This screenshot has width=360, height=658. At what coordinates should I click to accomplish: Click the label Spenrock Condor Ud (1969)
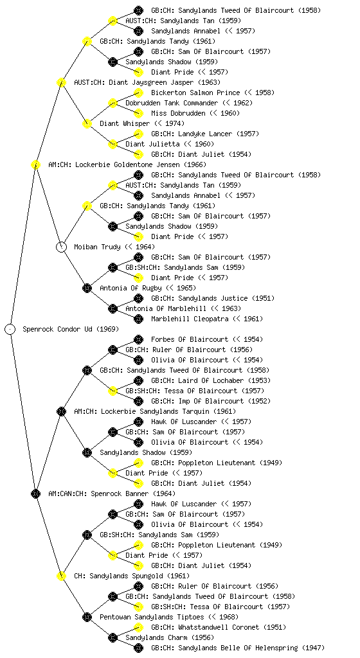(71, 329)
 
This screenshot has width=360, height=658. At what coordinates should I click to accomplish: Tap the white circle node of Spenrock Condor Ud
(10, 329)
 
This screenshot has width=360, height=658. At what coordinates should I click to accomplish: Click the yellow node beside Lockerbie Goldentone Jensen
(35, 164)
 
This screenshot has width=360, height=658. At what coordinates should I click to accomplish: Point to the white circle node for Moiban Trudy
(61, 247)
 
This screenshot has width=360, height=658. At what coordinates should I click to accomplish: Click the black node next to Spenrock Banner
(35, 493)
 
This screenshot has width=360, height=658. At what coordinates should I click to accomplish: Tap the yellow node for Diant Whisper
(87, 123)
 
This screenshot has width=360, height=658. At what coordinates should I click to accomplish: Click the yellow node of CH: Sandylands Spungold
(61, 576)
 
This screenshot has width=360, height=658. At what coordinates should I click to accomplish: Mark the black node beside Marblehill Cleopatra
(138, 319)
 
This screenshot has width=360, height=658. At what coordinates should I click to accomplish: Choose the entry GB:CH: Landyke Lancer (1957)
(205, 134)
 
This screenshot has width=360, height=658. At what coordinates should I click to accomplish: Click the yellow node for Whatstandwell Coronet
(138, 627)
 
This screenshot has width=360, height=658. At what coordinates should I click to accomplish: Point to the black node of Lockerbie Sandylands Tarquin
(61, 411)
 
